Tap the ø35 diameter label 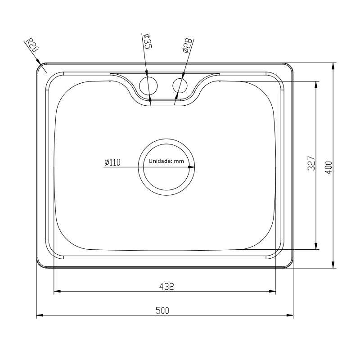[x=147, y=41]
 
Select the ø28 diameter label [x=187, y=45]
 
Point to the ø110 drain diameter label [x=112, y=162]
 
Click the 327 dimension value [x=311, y=163]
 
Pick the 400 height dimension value [x=329, y=167]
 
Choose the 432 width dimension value [x=166, y=286]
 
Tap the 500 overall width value [x=162, y=310]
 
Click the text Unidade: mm [x=166, y=161]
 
